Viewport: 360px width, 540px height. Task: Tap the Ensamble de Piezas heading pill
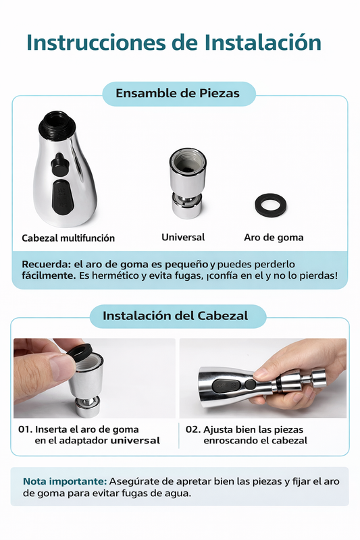coord(178,93)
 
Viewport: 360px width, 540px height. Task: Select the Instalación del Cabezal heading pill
coord(175,315)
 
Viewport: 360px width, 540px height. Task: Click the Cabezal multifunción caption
coord(68,238)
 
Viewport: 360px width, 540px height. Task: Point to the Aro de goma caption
coord(274,238)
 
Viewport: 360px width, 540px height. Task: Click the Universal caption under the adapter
coord(183,238)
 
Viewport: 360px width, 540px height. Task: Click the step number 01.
coord(25,429)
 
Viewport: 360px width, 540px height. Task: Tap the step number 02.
coord(192,429)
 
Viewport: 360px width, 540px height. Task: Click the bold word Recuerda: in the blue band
coord(45,263)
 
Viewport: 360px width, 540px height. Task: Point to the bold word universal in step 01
coord(135,441)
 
